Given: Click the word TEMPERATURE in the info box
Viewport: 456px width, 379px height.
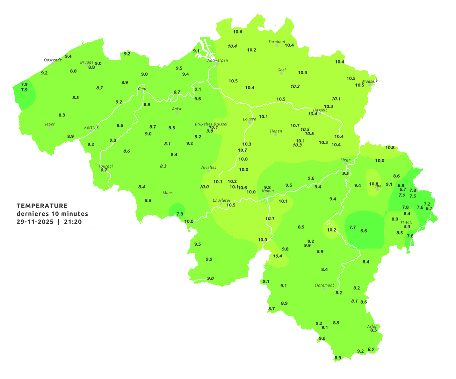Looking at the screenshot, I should point(42,206).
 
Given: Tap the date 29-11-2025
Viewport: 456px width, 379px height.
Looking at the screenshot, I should point(35,222).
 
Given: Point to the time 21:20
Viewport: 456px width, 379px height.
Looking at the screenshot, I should point(73,222).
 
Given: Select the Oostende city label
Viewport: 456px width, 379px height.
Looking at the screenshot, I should point(53,60).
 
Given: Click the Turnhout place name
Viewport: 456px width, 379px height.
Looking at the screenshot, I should point(277,42).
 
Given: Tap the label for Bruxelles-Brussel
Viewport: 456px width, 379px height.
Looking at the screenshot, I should point(211,124).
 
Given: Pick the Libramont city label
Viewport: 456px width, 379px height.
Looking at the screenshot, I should point(324,285).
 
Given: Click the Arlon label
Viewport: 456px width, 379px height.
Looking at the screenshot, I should point(372,326).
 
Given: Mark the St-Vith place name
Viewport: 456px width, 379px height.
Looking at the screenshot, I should point(407,222).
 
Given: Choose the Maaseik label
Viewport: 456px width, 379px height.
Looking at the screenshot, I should point(370,81).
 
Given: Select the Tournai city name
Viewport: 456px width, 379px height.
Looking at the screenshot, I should point(105,166).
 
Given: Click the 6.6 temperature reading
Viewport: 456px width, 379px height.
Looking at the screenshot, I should point(364,231).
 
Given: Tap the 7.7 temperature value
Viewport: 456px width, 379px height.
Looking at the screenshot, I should point(352,227).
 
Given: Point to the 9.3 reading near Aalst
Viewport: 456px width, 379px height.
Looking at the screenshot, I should point(172,128).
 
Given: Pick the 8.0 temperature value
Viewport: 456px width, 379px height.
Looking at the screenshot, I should point(395,219).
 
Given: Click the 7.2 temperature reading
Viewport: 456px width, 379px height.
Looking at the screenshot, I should point(427,204).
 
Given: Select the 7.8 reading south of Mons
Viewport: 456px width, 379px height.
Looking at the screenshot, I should point(180,214).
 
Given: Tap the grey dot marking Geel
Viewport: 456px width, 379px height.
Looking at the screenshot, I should point(281,73).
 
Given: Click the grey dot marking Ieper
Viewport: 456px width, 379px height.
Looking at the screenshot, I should point(49,128).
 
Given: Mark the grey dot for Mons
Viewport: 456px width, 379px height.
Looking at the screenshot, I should point(167,196).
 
